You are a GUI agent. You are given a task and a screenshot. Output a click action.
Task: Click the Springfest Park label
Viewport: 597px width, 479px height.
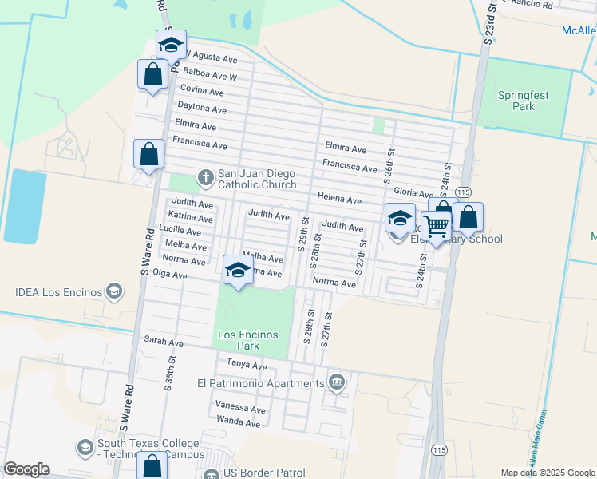coord(523,100)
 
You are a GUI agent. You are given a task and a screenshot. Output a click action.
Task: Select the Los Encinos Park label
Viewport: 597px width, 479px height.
coord(250,340)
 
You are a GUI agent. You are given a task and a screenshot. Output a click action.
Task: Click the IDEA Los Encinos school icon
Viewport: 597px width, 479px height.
coord(114,291)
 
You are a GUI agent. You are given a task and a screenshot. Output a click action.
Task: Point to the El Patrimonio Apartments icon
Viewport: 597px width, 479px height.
coord(337,382)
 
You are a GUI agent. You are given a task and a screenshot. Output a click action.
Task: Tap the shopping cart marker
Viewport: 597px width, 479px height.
coord(437,227)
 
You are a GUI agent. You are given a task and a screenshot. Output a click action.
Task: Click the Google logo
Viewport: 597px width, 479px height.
coord(26,469)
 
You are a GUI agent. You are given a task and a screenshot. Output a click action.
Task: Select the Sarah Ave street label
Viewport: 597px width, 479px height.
coord(164,342)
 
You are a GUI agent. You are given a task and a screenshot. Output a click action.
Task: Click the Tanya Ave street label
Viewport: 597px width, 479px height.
coord(247,365)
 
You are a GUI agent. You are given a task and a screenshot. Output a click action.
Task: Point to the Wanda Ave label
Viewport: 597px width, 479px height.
coord(239,422)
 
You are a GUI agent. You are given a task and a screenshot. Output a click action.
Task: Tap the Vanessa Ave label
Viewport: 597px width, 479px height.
coord(240,407)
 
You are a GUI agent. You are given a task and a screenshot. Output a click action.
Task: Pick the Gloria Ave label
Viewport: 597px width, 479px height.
coord(413,192)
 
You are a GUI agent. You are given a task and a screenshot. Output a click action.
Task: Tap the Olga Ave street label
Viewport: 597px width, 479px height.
coord(169,275)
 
